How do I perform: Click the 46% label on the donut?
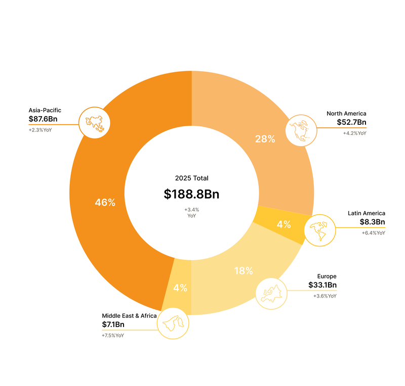(x=105, y=203)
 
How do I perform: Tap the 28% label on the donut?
(x=265, y=139)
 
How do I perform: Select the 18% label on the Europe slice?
(x=244, y=271)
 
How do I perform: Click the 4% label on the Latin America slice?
(x=284, y=225)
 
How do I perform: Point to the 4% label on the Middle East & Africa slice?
(x=180, y=288)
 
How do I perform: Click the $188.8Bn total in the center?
(x=191, y=194)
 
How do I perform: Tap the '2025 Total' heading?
(x=191, y=178)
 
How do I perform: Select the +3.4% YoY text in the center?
(x=191, y=212)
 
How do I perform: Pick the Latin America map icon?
(x=319, y=230)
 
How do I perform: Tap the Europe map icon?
(x=271, y=293)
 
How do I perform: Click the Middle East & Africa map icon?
(x=173, y=322)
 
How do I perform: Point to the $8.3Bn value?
(x=372, y=222)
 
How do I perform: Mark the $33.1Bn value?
(x=322, y=285)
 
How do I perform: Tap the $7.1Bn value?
(x=113, y=324)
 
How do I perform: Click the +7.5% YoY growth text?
(x=113, y=335)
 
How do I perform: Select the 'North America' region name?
(x=346, y=113)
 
